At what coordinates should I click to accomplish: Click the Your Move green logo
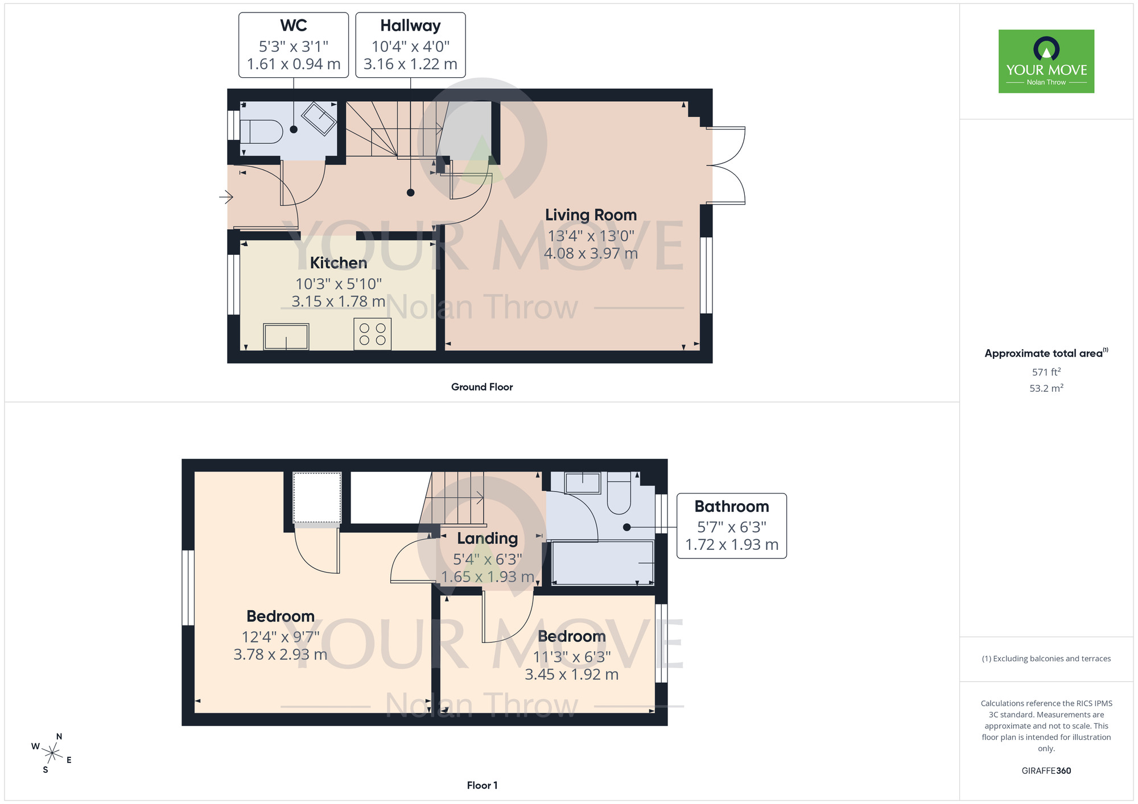[x=1046, y=61]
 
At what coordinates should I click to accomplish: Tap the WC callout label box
[x=294, y=45]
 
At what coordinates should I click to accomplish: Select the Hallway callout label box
[x=410, y=45]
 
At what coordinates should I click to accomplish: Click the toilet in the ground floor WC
[x=262, y=132]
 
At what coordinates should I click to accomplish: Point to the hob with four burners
[x=373, y=334]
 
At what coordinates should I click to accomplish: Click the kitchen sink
[x=286, y=337]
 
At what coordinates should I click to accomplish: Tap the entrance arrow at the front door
[x=226, y=197]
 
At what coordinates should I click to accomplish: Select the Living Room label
[x=591, y=215]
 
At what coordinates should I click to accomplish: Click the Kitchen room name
[x=339, y=263]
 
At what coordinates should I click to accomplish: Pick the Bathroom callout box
[x=731, y=525]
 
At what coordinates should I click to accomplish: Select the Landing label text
[x=488, y=538]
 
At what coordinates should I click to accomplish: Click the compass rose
[x=52, y=754]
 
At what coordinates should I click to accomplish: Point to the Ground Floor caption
[x=482, y=387]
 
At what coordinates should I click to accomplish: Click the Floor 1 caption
[x=482, y=785]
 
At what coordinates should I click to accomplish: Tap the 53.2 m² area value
[x=1046, y=388]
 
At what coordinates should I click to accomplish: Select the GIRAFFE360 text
[x=1046, y=771]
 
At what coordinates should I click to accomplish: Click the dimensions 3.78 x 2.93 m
[x=280, y=654]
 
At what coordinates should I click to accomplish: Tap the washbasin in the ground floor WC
[x=319, y=118]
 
